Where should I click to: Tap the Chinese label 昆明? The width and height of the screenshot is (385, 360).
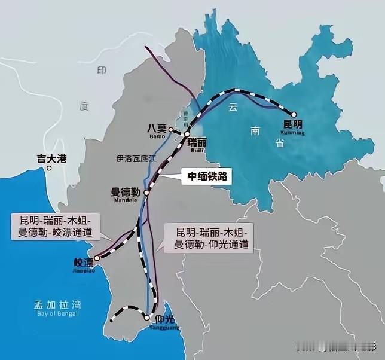tap(293, 124)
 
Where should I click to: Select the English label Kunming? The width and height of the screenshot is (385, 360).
tap(293, 133)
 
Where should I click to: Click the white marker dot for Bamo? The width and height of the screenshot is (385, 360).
tap(170, 129)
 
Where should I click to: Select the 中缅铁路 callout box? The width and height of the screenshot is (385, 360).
tap(205, 176)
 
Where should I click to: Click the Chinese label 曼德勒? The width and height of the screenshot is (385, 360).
tap(126, 192)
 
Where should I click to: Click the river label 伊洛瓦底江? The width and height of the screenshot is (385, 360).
tap(136, 158)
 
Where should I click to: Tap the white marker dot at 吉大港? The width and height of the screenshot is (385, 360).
tap(50, 169)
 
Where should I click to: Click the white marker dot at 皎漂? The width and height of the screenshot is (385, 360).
tap(97, 258)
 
